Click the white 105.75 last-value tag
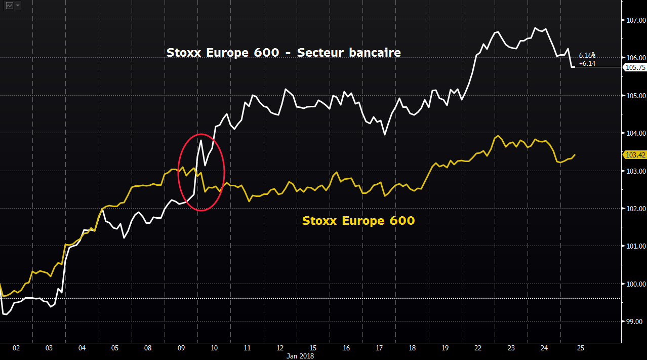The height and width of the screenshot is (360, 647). (x=635, y=67)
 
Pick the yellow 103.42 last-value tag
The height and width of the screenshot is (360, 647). (x=635, y=155)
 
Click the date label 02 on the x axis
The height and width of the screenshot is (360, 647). (x=16, y=348)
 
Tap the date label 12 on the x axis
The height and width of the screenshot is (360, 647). (x=280, y=348)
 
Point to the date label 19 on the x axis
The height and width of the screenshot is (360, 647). (x=445, y=348)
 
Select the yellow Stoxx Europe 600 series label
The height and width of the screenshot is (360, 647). (x=358, y=221)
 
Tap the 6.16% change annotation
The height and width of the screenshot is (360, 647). (x=587, y=55)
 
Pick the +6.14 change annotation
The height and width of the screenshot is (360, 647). (x=587, y=63)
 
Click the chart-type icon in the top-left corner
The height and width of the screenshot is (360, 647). (x=9, y=6)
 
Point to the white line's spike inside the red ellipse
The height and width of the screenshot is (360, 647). (x=201, y=140)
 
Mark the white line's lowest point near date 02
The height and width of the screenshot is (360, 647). (x=5, y=314)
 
